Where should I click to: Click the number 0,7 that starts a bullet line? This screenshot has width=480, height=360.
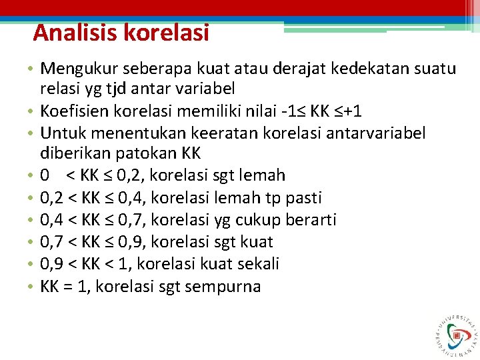pos(52,242)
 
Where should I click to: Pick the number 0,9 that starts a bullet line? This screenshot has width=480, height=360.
pos(52,264)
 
